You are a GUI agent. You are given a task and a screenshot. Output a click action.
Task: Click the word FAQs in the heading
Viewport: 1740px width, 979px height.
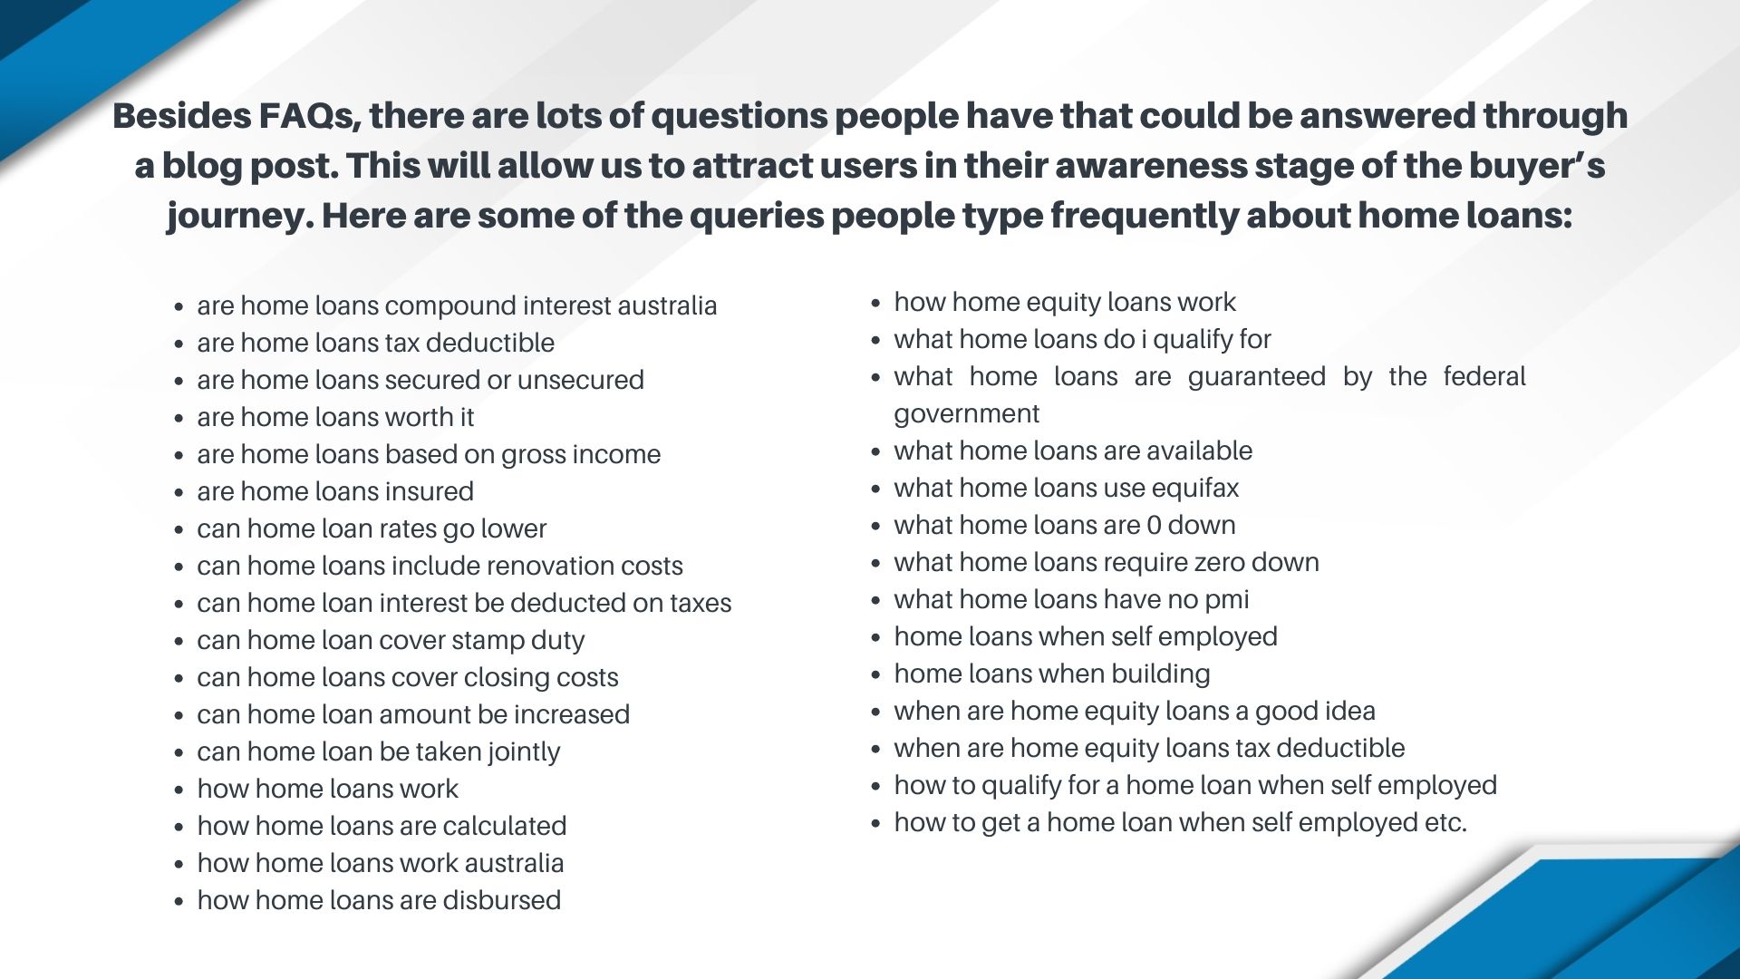[x=308, y=116]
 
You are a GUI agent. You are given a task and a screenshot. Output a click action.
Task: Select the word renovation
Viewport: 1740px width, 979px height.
[x=536, y=567]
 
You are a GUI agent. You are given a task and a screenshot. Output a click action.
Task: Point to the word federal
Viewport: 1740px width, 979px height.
[x=1484, y=377]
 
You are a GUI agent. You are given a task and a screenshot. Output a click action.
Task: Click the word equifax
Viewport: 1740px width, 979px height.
[x=1195, y=489]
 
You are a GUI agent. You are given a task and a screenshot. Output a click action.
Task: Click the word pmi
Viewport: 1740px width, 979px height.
[x=1227, y=600]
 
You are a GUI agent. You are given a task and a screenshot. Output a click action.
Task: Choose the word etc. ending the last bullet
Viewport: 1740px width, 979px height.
[x=1445, y=823]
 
